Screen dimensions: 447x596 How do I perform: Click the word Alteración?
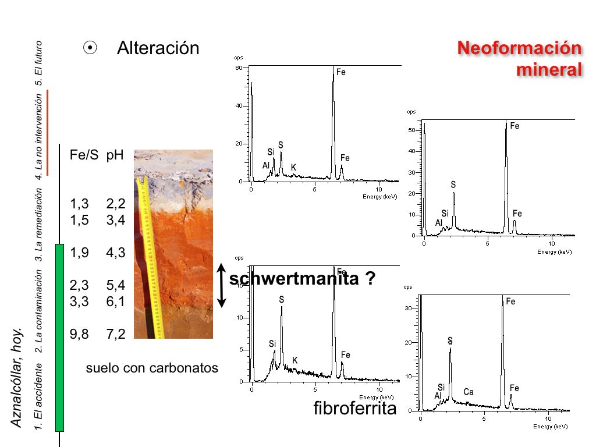click(x=158, y=48)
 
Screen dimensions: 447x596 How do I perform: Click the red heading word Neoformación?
click(x=519, y=48)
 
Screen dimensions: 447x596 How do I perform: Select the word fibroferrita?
click(x=354, y=408)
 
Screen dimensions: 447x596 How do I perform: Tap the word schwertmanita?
click(x=294, y=279)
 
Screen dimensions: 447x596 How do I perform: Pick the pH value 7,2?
click(x=116, y=334)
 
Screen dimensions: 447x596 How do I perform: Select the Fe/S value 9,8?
click(x=79, y=334)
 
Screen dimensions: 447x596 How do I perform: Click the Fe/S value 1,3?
click(x=79, y=204)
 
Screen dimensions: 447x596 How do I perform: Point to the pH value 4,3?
click(x=116, y=253)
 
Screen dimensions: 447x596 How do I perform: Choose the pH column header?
click(x=115, y=155)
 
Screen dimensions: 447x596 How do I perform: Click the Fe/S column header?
click(x=84, y=155)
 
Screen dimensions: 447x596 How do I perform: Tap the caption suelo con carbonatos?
click(x=152, y=368)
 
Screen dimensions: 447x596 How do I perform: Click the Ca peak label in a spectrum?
click(x=469, y=392)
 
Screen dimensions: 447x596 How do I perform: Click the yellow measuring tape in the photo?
click(x=150, y=256)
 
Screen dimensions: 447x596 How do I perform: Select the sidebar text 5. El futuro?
click(x=39, y=63)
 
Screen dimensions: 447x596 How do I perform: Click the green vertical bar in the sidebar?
click(x=59, y=338)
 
